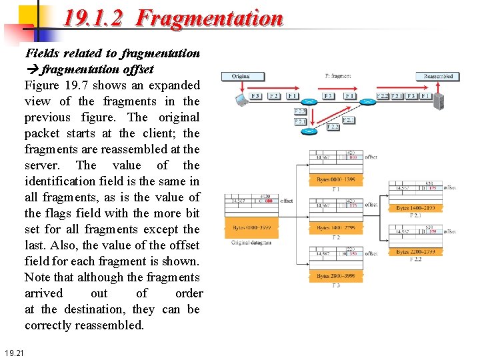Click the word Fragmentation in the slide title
(x=209, y=18)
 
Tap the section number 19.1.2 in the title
(x=93, y=18)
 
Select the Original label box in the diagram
(x=241, y=76)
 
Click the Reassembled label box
(x=438, y=76)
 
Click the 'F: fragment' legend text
(x=338, y=76)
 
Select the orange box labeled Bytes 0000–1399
(x=336, y=180)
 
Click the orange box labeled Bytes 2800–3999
(x=336, y=276)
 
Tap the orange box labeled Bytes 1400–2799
(x=336, y=228)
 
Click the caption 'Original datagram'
(x=251, y=243)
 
